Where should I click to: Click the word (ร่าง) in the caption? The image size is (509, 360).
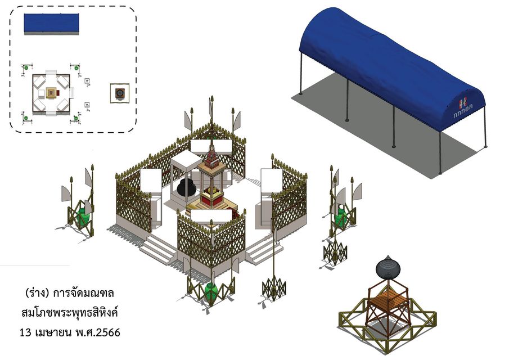point(37,293)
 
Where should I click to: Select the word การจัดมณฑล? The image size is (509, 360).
point(84,294)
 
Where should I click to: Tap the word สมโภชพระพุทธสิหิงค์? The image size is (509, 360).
point(70,313)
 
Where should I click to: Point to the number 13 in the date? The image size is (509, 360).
point(25,333)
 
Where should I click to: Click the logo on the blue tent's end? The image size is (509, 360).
point(463,109)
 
